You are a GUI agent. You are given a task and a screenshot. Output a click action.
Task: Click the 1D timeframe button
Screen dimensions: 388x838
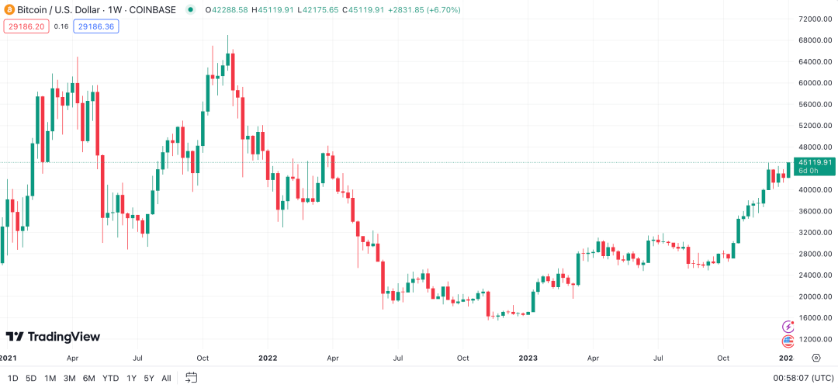(12, 378)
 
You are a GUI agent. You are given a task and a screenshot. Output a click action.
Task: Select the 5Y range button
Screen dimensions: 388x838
(148, 378)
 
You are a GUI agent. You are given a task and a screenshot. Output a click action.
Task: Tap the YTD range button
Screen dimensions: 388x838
(111, 378)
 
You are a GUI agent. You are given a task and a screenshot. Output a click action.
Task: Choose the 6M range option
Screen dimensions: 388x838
(89, 378)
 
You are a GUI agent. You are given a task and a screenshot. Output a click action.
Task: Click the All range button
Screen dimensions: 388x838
(166, 378)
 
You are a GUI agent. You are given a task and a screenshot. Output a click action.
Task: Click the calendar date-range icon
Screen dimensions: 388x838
(191, 378)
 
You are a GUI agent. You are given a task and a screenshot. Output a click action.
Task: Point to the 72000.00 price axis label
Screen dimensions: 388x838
(815, 19)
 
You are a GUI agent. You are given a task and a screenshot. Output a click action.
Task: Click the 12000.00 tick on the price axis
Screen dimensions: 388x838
(815, 339)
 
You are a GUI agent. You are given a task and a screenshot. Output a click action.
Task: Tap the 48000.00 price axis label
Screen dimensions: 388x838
(815, 147)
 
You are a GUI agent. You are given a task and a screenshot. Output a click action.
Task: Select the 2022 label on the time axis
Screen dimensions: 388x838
(268, 359)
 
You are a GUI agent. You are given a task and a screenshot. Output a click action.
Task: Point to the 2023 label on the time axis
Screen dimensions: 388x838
(528, 359)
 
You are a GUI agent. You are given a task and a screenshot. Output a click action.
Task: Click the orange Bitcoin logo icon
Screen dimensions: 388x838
(9, 10)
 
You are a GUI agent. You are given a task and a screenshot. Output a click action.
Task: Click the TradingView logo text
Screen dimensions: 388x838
(54, 337)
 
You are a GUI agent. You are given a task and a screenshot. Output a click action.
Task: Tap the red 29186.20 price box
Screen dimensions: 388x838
(26, 26)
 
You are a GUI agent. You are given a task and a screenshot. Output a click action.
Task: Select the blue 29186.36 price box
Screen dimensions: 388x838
(96, 26)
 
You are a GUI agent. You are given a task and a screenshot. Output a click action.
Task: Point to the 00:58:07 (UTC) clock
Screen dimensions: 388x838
(802, 378)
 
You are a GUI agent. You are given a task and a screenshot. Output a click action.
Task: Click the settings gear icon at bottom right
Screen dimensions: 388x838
(815, 358)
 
